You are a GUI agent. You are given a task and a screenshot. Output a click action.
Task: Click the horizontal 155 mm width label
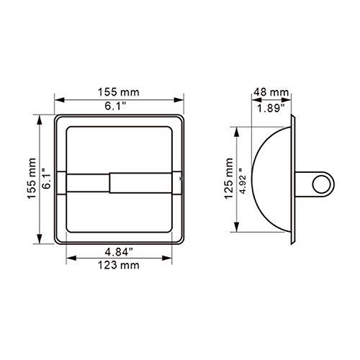[x=120, y=91]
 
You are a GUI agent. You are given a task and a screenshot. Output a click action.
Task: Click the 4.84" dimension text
[x=120, y=253]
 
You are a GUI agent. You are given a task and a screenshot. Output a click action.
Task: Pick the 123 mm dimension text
[x=120, y=266]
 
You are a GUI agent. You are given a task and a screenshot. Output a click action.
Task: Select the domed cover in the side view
[x=270, y=180]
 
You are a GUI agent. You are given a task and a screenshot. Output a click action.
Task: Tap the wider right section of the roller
[x=144, y=182]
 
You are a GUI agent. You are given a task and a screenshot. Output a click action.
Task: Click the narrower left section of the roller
[x=88, y=182]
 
